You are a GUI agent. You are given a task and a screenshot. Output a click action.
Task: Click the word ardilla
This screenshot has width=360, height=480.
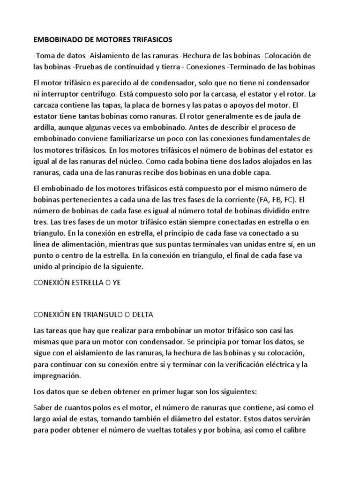point(48,127)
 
